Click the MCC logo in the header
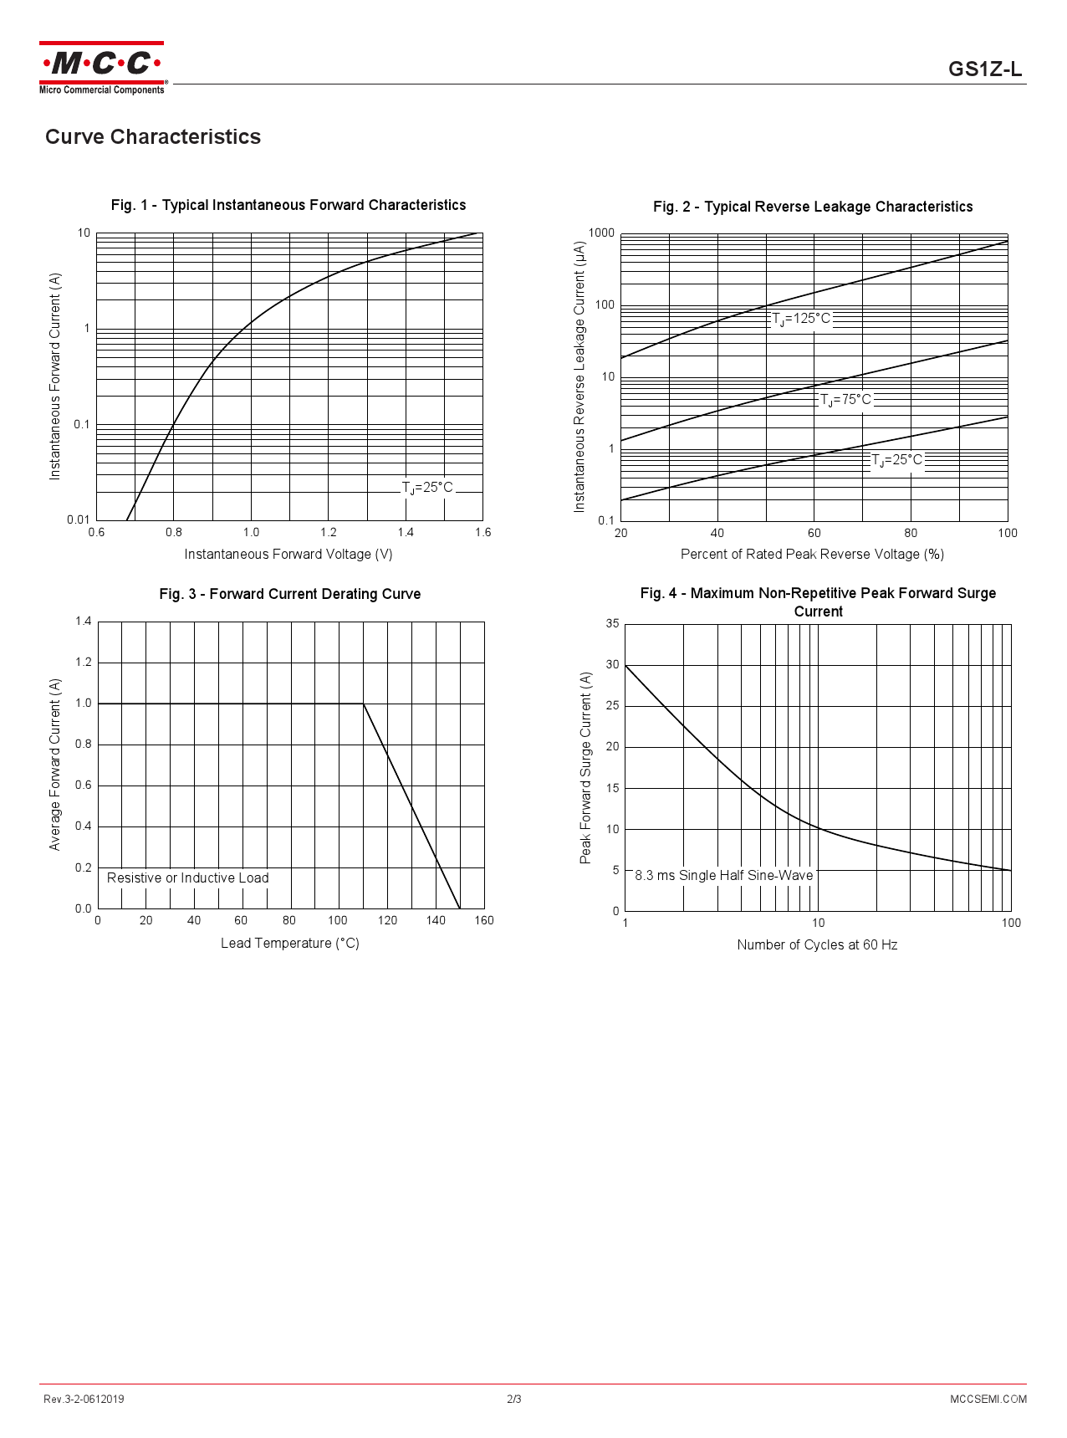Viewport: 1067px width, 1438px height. tap(101, 67)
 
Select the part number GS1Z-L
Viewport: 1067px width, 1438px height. tap(984, 69)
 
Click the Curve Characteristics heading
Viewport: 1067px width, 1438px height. tap(153, 137)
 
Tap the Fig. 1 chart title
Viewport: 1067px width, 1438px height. tap(288, 205)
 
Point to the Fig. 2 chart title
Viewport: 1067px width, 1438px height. tap(813, 207)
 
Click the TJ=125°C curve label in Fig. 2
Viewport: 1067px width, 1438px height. tap(801, 319)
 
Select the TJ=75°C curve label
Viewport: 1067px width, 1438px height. tap(845, 400)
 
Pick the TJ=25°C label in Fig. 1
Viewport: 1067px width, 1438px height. tap(427, 488)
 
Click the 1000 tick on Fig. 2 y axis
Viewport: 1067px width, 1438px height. tap(601, 233)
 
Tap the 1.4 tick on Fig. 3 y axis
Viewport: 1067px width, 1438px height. tap(84, 621)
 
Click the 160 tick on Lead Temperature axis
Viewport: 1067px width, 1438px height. tap(484, 920)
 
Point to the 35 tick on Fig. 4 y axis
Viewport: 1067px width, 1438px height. tap(613, 623)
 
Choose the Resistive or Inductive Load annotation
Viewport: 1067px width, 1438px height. tap(188, 878)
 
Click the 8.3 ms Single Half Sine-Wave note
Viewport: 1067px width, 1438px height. tap(724, 875)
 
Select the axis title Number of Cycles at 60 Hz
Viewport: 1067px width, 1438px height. tap(817, 944)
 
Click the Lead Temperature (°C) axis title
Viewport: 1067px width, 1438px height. tap(290, 943)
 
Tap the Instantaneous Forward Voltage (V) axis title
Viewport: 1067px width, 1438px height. tap(288, 554)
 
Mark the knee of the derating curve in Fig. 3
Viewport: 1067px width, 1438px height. tap(364, 704)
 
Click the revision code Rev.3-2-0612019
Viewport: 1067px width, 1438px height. tap(84, 1399)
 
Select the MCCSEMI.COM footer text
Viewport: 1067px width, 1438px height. tap(988, 1399)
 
